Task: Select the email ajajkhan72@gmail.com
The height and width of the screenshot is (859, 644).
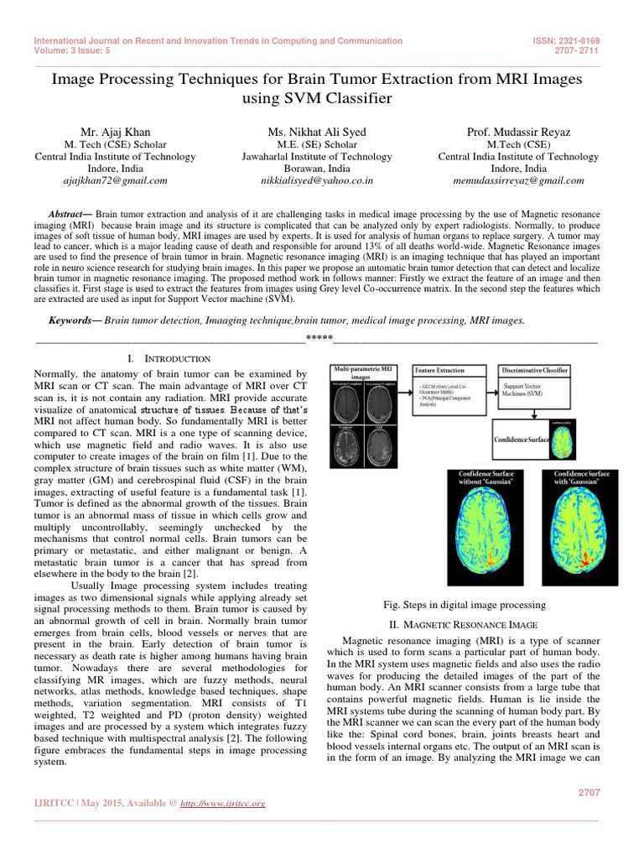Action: pyautogui.click(x=115, y=180)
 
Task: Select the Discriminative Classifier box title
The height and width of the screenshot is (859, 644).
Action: pyautogui.click(x=534, y=370)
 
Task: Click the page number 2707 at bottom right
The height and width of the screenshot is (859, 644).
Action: pyautogui.click(x=590, y=792)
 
